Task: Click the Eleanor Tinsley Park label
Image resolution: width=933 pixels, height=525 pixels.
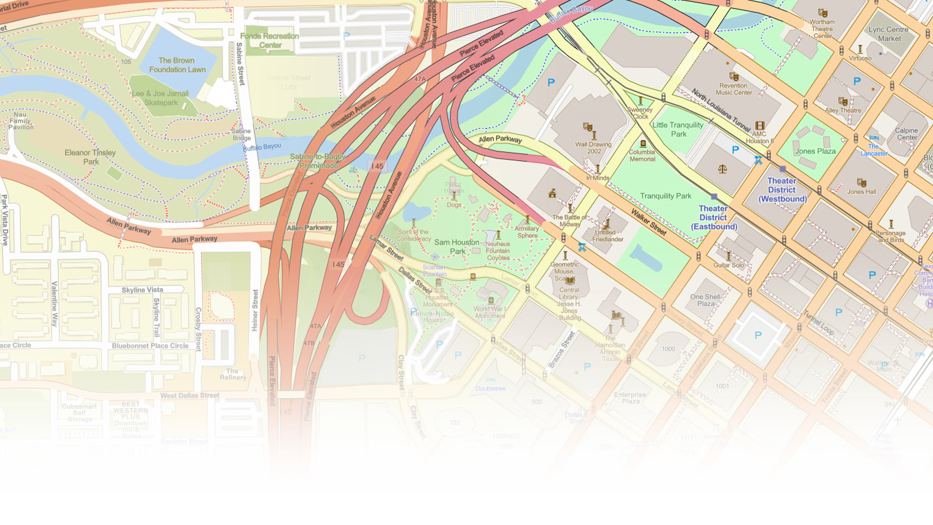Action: click(x=90, y=157)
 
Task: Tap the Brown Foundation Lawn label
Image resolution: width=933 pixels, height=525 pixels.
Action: click(x=177, y=65)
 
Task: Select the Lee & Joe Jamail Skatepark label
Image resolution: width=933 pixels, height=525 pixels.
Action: click(x=160, y=98)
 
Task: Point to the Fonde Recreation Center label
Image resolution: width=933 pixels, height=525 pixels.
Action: click(x=270, y=40)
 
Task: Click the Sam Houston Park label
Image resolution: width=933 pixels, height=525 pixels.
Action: click(x=457, y=246)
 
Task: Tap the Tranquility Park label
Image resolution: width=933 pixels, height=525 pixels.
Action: click(x=665, y=196)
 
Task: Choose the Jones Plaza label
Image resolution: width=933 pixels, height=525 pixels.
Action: click(x=815, y=151)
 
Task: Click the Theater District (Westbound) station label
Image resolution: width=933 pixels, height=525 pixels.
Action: click(x=782, y=190)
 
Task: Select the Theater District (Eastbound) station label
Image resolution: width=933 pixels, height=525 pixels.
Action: click(x=714, y=217)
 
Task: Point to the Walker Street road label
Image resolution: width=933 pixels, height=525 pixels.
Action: click(x=649, y=222)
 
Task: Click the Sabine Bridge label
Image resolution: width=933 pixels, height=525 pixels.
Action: click(x=242, y=134)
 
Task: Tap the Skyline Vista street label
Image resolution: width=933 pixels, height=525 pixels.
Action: click(x=142, y=290)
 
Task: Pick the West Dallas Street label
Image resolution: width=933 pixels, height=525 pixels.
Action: click(x=190, y=396)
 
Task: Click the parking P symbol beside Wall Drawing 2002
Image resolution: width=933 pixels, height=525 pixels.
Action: click(x=551, y=83)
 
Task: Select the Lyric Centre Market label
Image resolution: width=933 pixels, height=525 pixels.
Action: click(x=889, y=34)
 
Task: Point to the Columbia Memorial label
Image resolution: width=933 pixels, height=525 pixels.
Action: click(x=642, y=155)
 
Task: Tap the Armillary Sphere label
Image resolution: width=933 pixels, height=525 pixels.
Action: click(x=527, y=232)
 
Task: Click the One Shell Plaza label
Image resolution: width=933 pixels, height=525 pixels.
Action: click(x=706, y=300)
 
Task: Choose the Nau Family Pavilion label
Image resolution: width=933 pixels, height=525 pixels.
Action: click(x=20, y=121)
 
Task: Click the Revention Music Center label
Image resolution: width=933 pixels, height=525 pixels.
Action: click(x=734, y=89)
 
